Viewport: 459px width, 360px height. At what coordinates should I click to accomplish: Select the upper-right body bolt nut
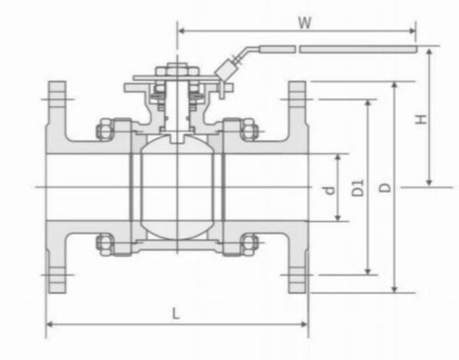tap(249, 129)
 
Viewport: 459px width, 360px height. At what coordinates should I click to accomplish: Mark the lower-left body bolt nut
tap(104, 244)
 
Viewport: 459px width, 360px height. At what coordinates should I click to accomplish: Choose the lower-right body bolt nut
tap(249, 244)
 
